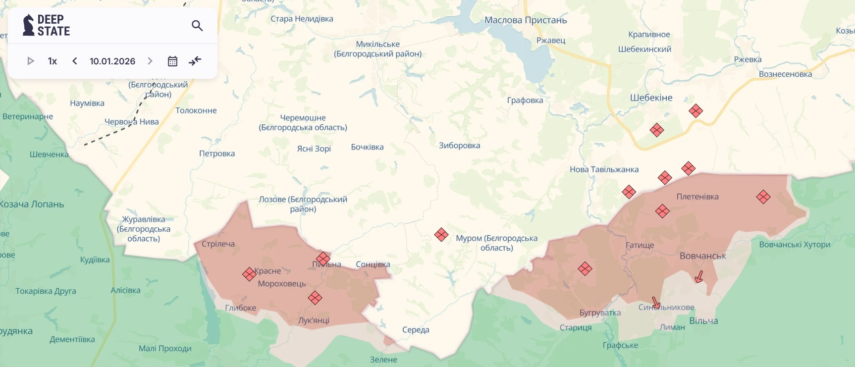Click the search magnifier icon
pyautogui.click(x=197, y=25)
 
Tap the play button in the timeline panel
pyautogui.click(x=31, y=61)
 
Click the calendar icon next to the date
pyautogui.click(x=172, y=61)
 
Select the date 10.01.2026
pyautogui.click(x=112, y=61)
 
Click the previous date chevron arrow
pyautogui.click(x=75, y=61)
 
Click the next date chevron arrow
pyautogui.click(x=150, y=61)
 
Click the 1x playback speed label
pyautogui.click(x=53, y=61)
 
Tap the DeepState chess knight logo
pyautogui.click(x=28, y=25)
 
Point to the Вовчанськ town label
pyautogui.click(x=702, y=256)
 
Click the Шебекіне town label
pyautogui.click(x=651, y=98)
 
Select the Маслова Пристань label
pyautogui.click(x=526, y=20)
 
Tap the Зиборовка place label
pyautogui.click(x=459, y=146)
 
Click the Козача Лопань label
pyautogui.click(x=32, y=204)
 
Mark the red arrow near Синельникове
pyautogui.click(x=656, y=303)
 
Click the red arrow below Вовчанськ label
pyautogui.click(x=699, y=276)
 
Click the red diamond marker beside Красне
pyautogui.click(x=249, y=274)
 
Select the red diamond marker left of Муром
pyautogui.click(x=441, y=234)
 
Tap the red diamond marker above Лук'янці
pyautogui.click(x=315, y=298)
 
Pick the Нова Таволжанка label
pyautogui.click(x=604, y=169)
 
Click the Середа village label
pyautogui.click(x=416, y=330)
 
